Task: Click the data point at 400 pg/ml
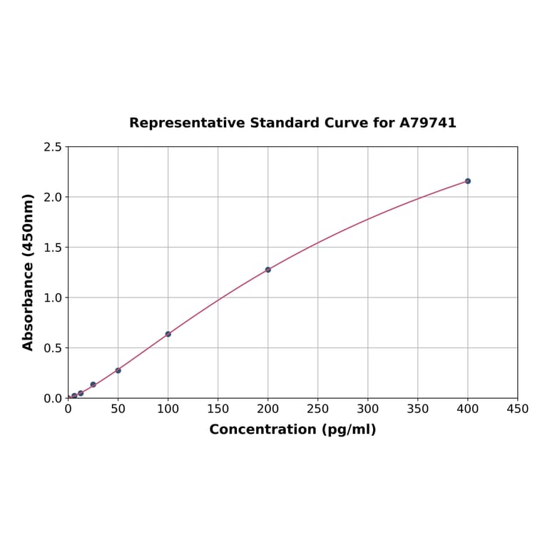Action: [x=468, y=181]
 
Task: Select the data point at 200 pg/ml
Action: [x=268, y=270]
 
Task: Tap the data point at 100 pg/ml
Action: [x=168, y=334]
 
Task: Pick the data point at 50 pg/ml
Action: [x=118, y=370]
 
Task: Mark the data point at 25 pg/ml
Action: [x=93, y=384]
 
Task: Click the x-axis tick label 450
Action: [x=518, y=409]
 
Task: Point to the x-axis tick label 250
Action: [x=318, y=409]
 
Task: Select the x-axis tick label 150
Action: [x=218, y=409]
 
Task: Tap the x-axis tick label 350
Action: [x=418, y=409]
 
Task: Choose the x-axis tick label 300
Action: [x=368, y=409]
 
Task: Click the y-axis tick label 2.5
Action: [x=53, y=147]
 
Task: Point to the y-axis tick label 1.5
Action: [x=53, y=248]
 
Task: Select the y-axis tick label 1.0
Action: [x=53, y=297]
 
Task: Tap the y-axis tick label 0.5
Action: [x=53, y=348]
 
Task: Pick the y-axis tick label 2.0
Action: [x=53, y=197]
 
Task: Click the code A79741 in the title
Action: [x=428, y=123]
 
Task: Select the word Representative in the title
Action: [x=186, y=123]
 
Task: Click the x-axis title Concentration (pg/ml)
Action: [x=292, y=429]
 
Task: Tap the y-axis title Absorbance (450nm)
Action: [x=29, y=272]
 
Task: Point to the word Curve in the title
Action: [x=345, y=123]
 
